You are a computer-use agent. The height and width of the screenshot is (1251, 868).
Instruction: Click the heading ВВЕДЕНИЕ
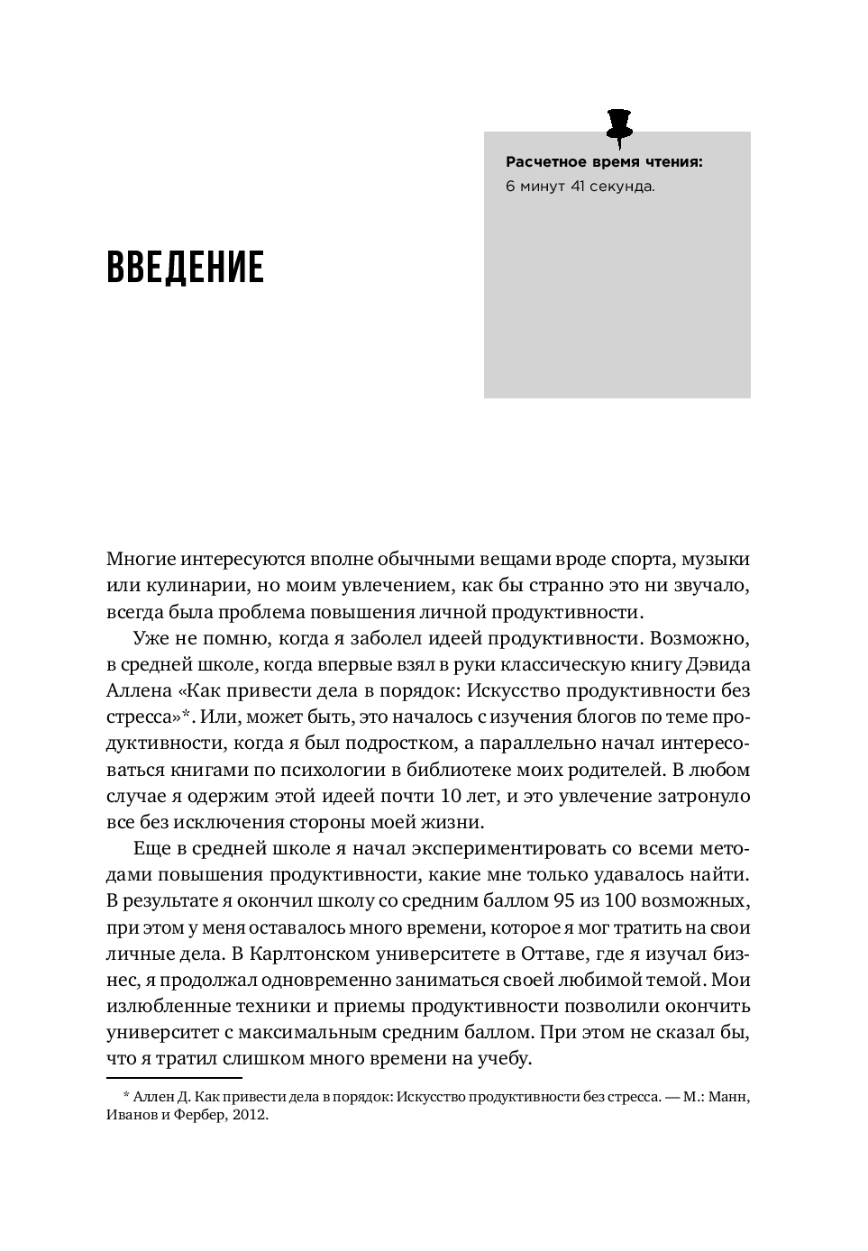tap(185, 268)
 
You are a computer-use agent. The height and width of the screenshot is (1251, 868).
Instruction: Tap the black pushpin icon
tap(619, 127)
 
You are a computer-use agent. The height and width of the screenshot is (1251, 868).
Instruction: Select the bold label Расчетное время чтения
tap(603, 163)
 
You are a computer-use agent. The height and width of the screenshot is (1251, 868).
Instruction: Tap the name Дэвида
tap(717, 665)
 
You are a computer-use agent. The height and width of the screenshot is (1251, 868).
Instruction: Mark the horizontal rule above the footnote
tap(174, 1077)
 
